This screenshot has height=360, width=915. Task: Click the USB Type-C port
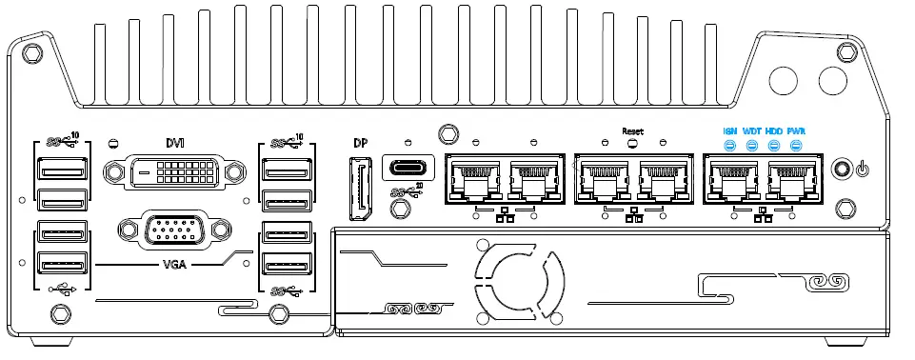coord(408,168)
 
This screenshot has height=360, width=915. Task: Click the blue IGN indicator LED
coord(730,146)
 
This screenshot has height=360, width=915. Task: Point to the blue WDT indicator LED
coord(752,146)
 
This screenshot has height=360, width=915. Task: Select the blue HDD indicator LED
coord(774,146)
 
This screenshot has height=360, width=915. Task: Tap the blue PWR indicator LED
coord(796,146)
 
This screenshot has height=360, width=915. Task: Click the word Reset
coord(632,130)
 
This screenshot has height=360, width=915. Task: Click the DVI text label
coord(175,143)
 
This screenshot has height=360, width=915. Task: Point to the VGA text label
coord(174,262)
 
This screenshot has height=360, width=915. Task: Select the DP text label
coord(360,144)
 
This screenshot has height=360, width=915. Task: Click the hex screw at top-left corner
coord(31,50)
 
